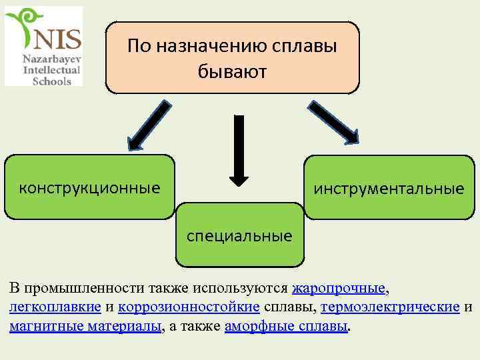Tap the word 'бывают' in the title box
231,71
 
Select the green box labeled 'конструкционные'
89,187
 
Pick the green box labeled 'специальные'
239,235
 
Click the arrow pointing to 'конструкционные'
147,124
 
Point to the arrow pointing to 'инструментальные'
331,121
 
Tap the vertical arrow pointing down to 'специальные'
239,149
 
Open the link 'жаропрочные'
339,289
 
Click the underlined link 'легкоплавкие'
55,307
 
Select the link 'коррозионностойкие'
189,307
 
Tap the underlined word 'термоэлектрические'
390,307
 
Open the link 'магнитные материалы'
85,327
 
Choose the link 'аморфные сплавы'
287,327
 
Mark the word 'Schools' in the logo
56,80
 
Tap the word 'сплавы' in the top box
305,46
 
